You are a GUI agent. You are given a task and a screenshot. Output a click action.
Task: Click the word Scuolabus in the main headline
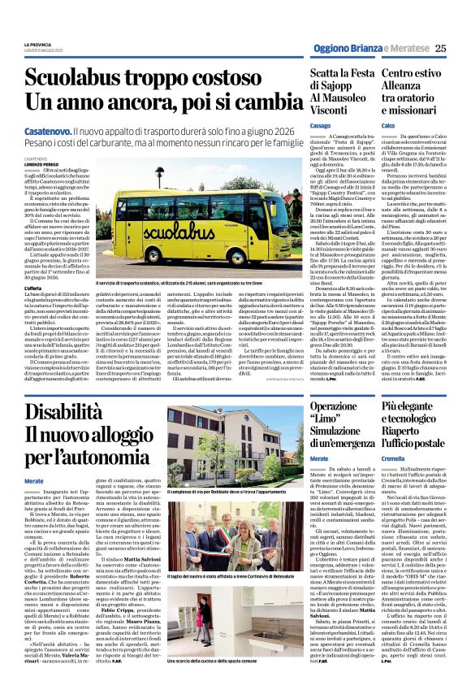click(97, 80)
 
